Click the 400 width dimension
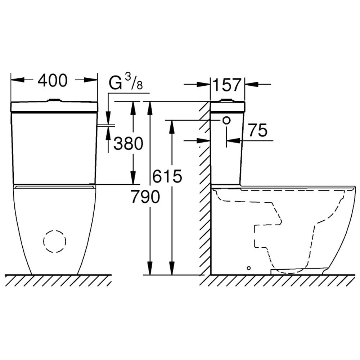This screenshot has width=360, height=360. point(53,81)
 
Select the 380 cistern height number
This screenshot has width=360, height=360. point(129,144)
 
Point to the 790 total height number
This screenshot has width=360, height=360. point(145,197)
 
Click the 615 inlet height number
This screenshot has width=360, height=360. point(167,176)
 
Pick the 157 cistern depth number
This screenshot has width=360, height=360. point(227,85)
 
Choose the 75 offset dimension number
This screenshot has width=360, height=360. point(258,130)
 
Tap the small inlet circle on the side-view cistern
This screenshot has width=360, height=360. point(226,121)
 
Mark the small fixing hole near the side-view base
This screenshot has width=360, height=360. point(249,268)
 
